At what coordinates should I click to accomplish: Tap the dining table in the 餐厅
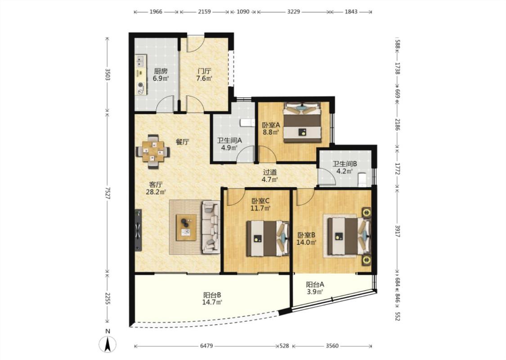click(x=153, y=152)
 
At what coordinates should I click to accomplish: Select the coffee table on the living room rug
click(x=186, y=227)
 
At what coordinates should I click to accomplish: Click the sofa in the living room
click(x=211, y=227)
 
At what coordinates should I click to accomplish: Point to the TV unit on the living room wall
click(x=138, y=230)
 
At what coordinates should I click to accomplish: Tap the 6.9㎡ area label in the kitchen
click(x=161, y=78)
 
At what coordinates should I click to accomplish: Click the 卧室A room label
click(x=271, y=125)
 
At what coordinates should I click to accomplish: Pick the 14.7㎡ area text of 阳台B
click(x=212, y=302)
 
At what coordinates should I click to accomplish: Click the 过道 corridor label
click(x=270, y=172)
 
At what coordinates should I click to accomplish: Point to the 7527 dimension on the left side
click(x=107, y=193)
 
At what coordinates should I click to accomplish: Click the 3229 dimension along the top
click(x=294, y=12)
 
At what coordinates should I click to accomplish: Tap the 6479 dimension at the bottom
click(x=206, y=346)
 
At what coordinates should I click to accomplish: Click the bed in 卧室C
click(x=268, y=238)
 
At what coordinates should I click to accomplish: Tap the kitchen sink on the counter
click(x=141, y=60)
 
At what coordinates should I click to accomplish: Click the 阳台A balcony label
click(x=315, y=285)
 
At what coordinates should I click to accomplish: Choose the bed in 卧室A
click(x=302, y=122)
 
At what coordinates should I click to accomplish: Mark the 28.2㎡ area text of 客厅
click(x=156, y=192)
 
